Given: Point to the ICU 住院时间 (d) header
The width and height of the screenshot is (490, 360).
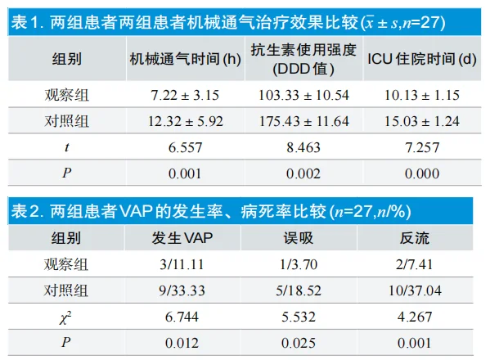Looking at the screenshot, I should [420, 59].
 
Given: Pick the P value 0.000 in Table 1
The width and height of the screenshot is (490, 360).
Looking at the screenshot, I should [421, 173].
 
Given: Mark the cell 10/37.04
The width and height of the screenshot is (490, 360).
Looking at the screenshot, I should [422, 290].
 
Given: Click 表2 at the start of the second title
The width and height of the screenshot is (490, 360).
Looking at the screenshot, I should [27, 212].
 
